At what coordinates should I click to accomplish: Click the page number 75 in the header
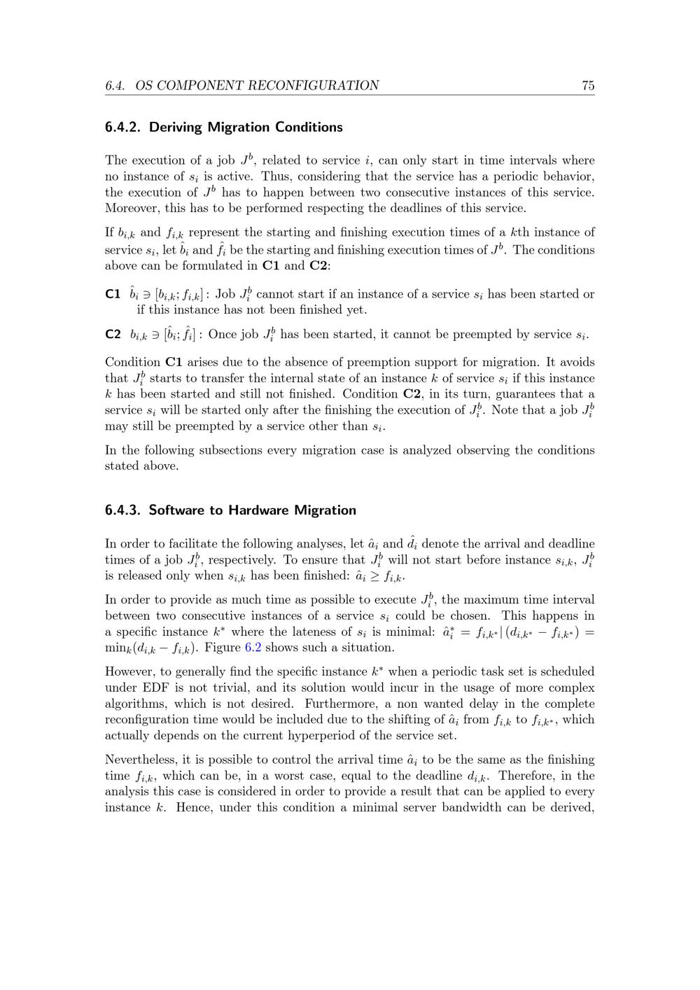click(x=587, y=85)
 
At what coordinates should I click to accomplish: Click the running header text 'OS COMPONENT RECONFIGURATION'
click(x=257, y=85)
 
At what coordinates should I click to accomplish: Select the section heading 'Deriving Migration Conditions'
click(x=246, y=127)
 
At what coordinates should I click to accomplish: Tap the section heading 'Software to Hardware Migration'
click(x=252, y=510)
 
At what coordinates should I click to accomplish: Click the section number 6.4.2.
click(x=123, y=127)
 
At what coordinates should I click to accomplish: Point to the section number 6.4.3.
click(x=123, y=510)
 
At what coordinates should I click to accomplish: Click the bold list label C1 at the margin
click(x=113, y=294)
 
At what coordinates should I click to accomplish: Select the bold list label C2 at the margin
click(x=113, y=334)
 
